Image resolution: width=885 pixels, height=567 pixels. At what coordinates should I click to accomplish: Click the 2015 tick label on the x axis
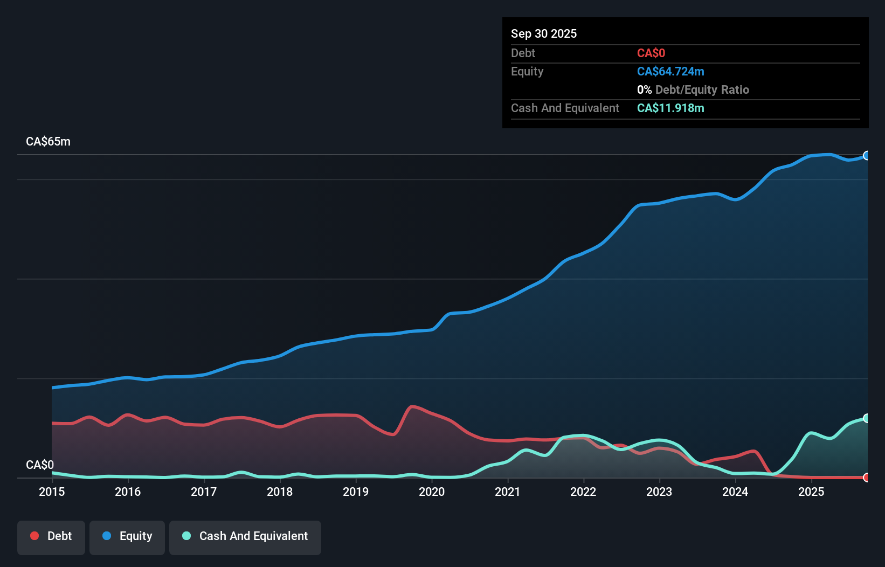point(52,492)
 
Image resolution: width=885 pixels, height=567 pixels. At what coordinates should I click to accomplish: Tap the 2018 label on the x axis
point(280,492)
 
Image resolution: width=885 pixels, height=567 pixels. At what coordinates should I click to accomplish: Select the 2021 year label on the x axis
point(508,492)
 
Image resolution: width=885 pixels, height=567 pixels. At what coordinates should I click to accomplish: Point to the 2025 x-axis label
point(811,492)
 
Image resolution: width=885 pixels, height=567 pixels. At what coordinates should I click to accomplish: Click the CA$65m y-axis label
point(48,142)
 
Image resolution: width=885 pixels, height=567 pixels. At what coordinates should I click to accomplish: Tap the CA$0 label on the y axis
point(40,465)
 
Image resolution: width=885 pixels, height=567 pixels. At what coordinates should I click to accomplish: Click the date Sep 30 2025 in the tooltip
point(544,33)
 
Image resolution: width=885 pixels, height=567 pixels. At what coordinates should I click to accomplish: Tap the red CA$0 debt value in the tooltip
point(651,53)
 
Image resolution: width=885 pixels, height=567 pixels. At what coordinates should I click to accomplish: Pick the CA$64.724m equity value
point(670,71)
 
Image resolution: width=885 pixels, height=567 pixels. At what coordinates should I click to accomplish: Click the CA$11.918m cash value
point(670,108)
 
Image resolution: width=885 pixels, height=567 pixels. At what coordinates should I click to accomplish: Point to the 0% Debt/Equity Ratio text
point(693,89)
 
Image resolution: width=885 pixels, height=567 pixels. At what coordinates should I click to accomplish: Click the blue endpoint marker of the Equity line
point(867,156)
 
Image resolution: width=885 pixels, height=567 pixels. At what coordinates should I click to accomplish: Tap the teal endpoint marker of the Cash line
point(867,418)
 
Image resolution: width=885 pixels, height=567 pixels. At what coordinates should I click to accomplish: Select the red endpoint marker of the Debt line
point(867,478)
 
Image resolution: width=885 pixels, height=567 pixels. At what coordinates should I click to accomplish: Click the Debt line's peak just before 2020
point(412,406)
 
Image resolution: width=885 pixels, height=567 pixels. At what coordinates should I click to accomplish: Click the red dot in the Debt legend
point(34,536)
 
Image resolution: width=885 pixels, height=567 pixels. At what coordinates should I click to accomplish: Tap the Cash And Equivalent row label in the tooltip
point(565,108)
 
